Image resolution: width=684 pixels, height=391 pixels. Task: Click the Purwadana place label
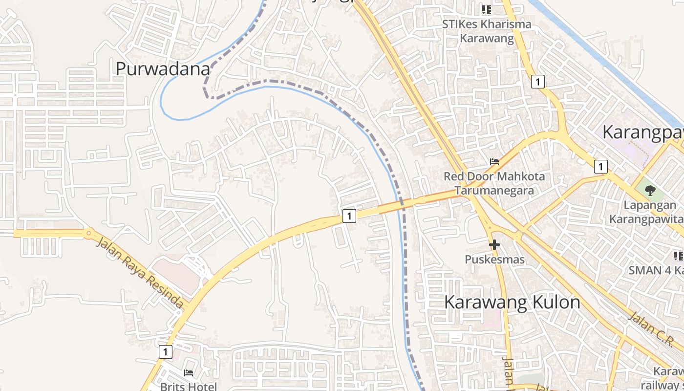(x=163, y=69)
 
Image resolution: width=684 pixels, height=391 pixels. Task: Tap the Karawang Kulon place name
(x=512, y=303)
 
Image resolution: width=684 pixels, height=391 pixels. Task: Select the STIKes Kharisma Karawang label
(x=487, y=31)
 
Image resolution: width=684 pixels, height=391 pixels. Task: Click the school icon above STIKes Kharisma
(x=487, y=9)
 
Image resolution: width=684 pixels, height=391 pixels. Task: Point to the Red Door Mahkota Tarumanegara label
(x=494, y=183)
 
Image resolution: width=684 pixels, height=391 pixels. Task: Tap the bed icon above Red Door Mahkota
(x=494, y=162)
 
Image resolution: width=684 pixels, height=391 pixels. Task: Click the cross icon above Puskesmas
(x=494, y=244)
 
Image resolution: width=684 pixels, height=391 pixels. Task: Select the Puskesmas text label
(x=494, y=260)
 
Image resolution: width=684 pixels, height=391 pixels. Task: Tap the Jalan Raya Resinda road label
(x=140, y=272)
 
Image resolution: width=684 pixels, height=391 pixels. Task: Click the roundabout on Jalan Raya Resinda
(x=88, y=234)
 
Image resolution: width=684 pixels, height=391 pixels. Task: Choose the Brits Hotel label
(x=189, y=387)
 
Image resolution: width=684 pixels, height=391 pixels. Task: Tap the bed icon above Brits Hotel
(x=189, y=373)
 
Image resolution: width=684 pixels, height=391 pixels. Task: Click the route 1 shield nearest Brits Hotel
(x=166, y=352)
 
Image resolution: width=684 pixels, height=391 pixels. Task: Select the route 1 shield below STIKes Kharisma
(x=538, y=82)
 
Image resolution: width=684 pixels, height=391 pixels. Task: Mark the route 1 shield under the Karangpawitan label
(x=600, y=167)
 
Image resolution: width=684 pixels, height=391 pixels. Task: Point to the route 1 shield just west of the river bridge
(x=349, y=216)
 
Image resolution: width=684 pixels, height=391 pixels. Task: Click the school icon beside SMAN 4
(x=678, y=256)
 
